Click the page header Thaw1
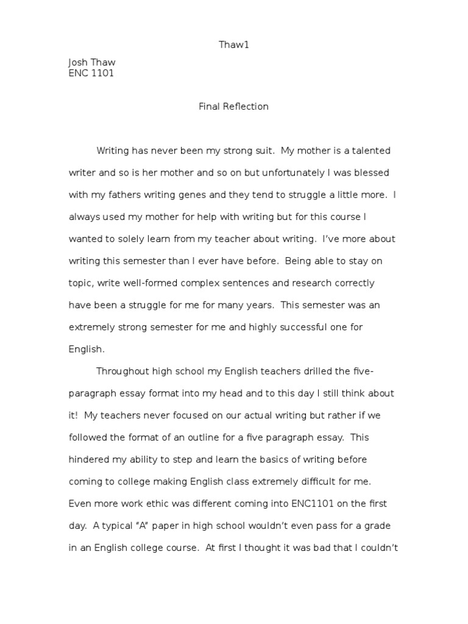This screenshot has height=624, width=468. coord(233,44)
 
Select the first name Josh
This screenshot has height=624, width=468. coord(78,63)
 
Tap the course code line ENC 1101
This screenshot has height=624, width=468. coord(91,74)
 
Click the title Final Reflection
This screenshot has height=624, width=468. coord(233,107)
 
